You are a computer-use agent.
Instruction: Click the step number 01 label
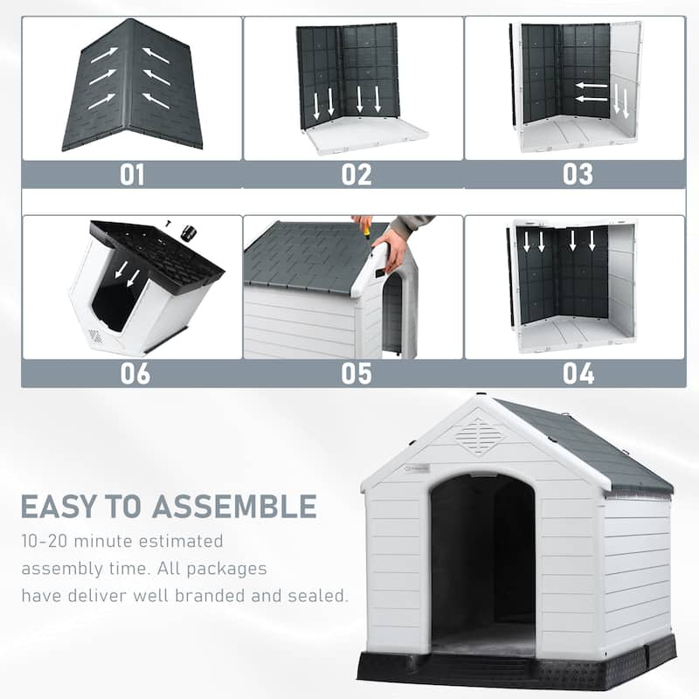point(132,174)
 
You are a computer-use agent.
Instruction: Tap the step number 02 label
point(356,174)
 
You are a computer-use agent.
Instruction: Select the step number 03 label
point(578,174)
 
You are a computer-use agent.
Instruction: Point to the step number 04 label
point(578,373)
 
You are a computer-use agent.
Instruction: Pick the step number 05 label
point(356,373)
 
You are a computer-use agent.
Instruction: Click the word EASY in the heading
point(62,506)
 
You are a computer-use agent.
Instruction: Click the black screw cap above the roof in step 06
point(188,233)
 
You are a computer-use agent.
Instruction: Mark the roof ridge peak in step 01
point(133,24)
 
